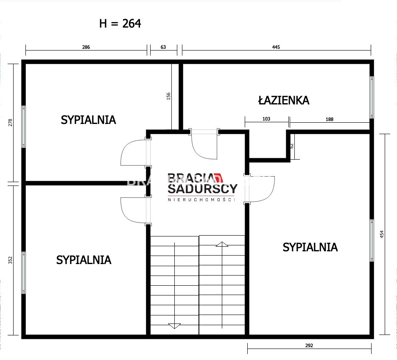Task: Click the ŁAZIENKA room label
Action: click(x=284, y=100)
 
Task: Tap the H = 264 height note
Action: click(x=120, y=23)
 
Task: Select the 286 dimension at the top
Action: click(x=86, y=47)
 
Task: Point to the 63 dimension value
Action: click(x=163, y=47)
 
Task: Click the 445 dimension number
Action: click(x=276, y=47)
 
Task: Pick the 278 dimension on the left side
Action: click(x=10, y=123)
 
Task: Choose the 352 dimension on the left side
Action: click(x=10, y=260)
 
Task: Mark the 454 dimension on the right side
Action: click(x=382, y=234)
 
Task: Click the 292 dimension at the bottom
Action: click(x=309, y=345)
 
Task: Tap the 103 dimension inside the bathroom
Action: click(x=266, y=119)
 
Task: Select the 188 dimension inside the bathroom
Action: click(x=330, y=119)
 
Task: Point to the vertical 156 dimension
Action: click(x=169, y=96)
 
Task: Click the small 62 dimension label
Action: click(x=292, y=146)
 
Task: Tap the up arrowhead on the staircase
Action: click(x=222, y=244)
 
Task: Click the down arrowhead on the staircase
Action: click(x=175, y=326)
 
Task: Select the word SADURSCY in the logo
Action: click(x=203, y=189)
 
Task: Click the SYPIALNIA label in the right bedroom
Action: click(x=310, y=247)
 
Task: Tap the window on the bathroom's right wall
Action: click(x=372, y=98)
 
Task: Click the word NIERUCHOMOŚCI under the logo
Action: click(x=202, y=200)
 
